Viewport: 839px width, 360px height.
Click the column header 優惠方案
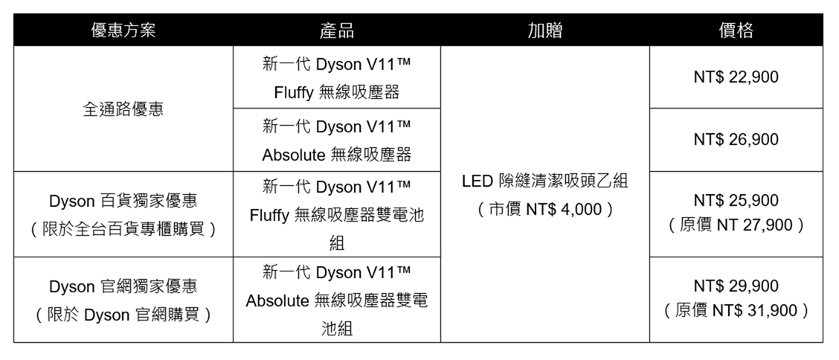(123, 30)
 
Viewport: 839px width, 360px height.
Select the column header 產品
(336, 30)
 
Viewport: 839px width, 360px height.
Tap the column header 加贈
(544, 30)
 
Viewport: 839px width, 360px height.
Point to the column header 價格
(736, 30)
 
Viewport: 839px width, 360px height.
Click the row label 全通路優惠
(123, 109)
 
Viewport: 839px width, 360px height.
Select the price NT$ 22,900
(736, 77)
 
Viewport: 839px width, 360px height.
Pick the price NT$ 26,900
(736, 140)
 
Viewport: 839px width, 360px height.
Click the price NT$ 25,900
(736, 201)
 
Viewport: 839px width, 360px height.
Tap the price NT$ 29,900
(736, 286)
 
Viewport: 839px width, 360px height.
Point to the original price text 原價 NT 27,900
(736, 225)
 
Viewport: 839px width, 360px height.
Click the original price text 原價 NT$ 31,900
(736, 311)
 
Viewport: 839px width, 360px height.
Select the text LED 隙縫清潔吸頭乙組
(544, 181)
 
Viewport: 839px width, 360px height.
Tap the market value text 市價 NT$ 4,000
(544, 209)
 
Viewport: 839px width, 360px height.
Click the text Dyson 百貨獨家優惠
(123, 201)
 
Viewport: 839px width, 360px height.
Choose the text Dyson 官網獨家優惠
(123, 286)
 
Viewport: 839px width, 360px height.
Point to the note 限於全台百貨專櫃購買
(123, 230)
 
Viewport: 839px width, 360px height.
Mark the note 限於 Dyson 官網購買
(123, 315)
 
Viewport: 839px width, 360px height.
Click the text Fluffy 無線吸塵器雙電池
(336, 215)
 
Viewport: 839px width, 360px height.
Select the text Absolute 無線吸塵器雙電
(336, 300)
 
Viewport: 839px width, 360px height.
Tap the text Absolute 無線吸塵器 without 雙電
(336, 155)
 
